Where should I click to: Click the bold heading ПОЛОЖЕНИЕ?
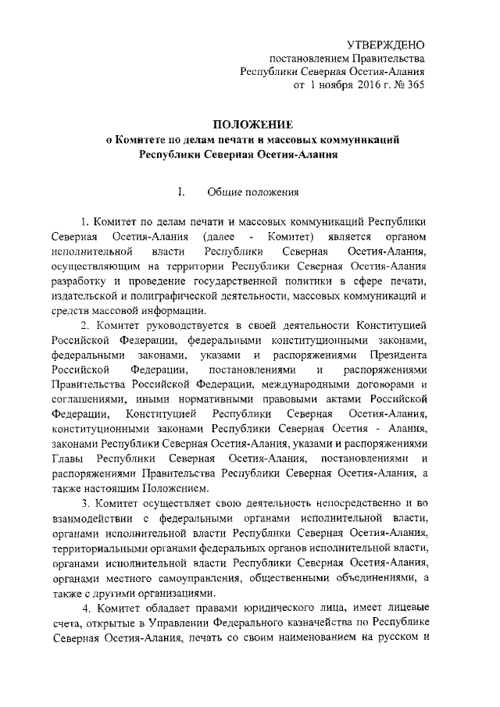coord(254,124)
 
